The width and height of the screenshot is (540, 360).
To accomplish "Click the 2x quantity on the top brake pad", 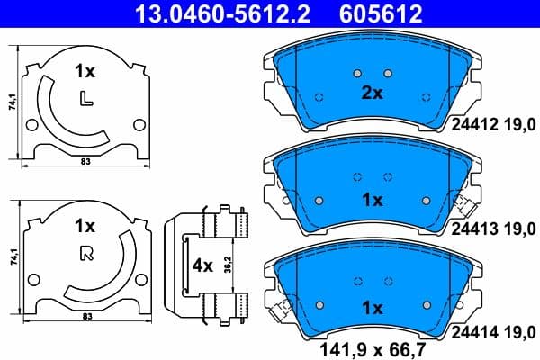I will [372, 93].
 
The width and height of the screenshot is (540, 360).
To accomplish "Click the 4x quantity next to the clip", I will [202, 266].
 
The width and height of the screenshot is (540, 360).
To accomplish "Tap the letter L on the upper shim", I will [85, 97].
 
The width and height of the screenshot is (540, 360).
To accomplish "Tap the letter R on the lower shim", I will [85, 253].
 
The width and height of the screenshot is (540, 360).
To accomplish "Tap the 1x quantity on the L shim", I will [85, 69].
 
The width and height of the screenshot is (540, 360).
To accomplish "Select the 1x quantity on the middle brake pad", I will [372, 199].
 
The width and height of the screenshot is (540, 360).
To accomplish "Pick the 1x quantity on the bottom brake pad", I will [372, 307].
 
